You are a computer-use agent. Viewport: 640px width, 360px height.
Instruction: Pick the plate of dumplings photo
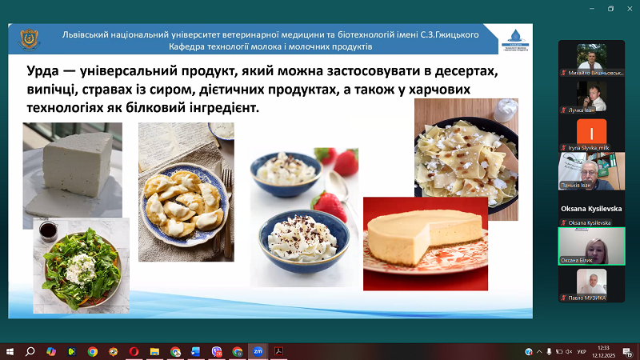[186, 192]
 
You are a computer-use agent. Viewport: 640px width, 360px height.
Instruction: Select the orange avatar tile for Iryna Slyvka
[590, 132]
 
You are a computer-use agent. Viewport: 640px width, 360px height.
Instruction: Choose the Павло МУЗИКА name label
[586, 298]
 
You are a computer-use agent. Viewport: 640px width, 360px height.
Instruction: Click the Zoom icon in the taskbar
[258, 351]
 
